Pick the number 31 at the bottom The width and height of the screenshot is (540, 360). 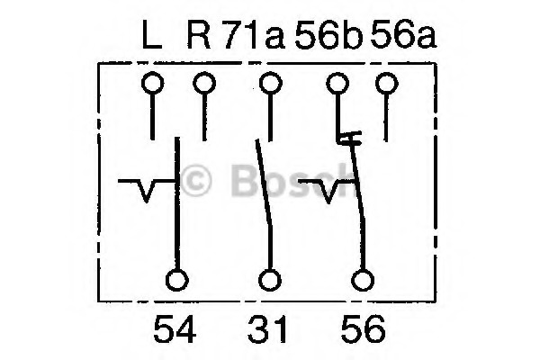click(x=267, y=330)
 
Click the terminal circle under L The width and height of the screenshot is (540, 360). click(x=152, y=85)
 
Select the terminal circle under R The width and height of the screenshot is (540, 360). click(x=204, y=85)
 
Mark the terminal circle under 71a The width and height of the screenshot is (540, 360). click(x=268, y=85)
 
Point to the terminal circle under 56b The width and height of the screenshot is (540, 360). click(x=337, y=85)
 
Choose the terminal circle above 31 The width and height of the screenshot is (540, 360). click(x=268, y=281)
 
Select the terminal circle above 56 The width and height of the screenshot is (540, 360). click(x=362, y=281)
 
